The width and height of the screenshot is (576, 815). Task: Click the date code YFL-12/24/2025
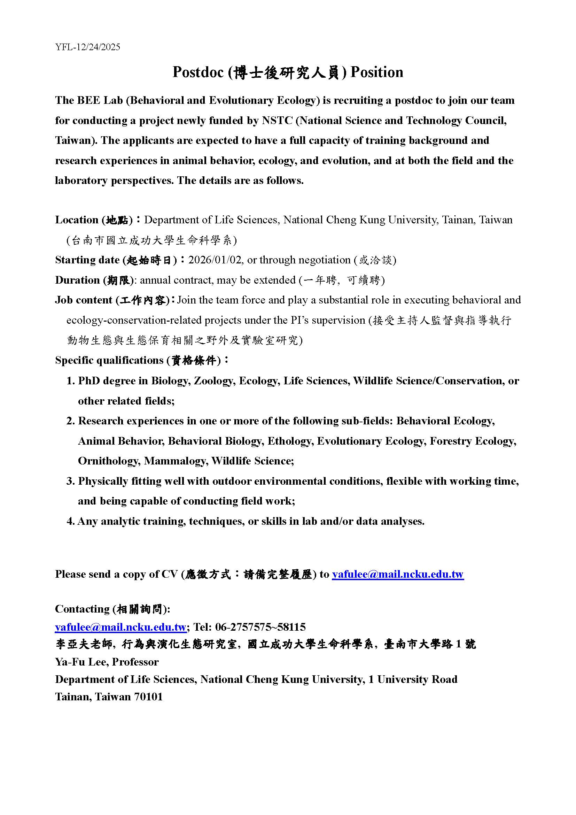88,47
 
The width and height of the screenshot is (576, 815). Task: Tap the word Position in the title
377,72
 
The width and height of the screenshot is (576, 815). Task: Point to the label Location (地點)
94,220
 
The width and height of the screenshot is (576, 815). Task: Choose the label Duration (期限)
94,280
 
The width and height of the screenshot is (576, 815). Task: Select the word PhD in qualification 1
89,381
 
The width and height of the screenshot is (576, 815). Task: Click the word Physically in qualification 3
103,481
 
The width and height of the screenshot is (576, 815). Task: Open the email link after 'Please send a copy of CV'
398,574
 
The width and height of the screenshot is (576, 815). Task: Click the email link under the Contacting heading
120,627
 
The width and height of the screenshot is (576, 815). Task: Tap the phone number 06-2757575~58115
260,627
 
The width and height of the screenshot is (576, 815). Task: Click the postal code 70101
148,697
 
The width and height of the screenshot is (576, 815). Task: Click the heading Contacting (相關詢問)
112,609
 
